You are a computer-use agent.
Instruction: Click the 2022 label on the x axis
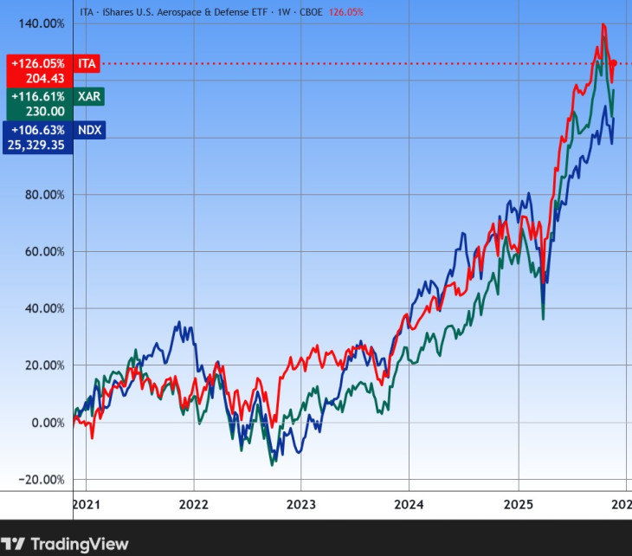[x=193, y=503]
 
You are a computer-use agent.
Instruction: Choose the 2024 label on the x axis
[x=410, y=503]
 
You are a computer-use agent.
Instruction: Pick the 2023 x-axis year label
[x=301, y=503]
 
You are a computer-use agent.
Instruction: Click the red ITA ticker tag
[x=87, y=63]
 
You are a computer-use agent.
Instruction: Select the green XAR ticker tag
[x=88, y=96]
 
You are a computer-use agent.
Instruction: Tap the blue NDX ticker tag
[x=89, y=130]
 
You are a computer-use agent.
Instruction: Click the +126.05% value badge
[x=38, y=63]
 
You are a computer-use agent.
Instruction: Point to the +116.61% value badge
[x=38, y=96]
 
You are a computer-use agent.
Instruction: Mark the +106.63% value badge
[x=38, y=130]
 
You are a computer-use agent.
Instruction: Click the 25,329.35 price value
[x=35, y=145]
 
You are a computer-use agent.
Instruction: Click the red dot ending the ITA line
[x=613, y=63]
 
